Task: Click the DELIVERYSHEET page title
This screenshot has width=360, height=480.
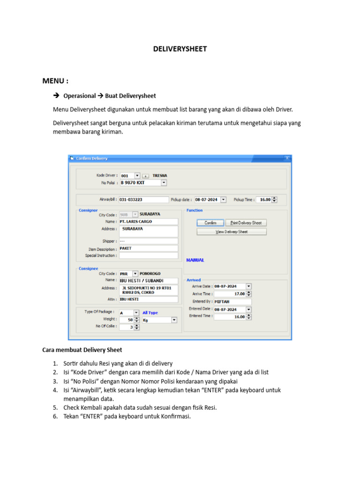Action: pos(180,49)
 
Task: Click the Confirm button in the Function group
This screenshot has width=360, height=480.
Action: pos(210,223)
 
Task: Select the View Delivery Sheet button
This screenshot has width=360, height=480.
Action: pos(232,232)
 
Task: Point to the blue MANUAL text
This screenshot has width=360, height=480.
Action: pos(195,260)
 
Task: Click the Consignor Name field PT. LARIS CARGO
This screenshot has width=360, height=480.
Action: pos(148,221)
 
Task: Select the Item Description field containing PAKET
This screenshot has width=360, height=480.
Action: pos(148,248)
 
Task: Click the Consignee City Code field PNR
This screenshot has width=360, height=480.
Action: pos(125,273)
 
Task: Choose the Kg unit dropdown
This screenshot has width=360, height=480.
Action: pos(159,320)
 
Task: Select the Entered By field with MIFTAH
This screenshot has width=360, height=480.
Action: pos(232,301)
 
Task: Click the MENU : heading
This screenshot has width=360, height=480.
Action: pos(55,81)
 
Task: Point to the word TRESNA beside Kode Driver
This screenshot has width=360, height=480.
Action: pos(160,176)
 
